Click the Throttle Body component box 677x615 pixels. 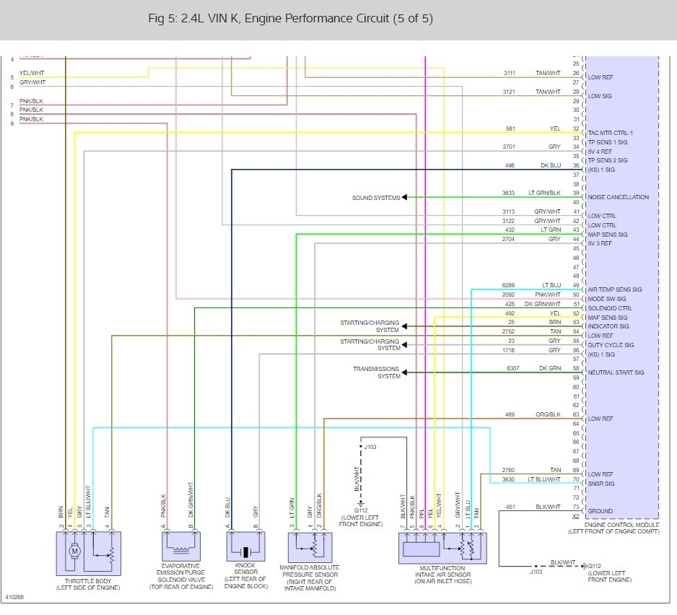(x=89, y=553)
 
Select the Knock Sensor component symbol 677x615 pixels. (x=246, y=551)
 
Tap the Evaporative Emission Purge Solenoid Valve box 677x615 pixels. (x=179, y=549)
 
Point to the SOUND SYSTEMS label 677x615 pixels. (x=376, y=198)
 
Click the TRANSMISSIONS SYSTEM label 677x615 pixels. (x=376, y=372)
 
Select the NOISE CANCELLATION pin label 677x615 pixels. (x=618, y=197)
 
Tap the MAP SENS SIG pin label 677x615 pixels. (x=608, y=235)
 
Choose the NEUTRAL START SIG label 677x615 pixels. (x=616, y=372)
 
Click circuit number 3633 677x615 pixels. (x=509, y=193)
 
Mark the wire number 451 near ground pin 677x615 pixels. (x=511, y=507)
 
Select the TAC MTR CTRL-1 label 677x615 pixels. (x=610, y=133)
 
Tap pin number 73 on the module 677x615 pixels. (x=576, y=511)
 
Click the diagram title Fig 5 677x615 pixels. (x=290, y=19)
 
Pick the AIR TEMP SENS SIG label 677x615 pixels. (x=614, y=289)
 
